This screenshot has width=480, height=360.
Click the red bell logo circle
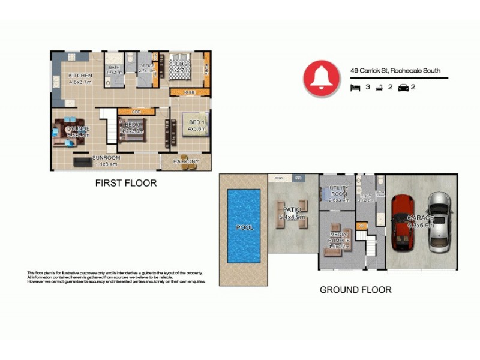(322, 78)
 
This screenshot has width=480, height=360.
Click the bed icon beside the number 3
(355, 87)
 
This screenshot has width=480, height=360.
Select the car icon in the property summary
(403, 87)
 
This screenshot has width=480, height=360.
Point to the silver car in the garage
(440, 222)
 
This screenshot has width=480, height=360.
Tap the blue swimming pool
(245, 226)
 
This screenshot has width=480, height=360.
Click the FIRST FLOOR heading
(126, 183)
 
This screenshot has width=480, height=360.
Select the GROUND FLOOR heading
(355, 290)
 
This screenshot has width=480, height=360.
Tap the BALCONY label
(186, 161)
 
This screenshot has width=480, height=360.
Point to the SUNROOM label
(106, 158)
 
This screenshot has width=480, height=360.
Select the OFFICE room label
(147, 66)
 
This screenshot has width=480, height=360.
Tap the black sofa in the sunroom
(82, 162)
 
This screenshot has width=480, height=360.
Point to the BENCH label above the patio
(279, 178)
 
